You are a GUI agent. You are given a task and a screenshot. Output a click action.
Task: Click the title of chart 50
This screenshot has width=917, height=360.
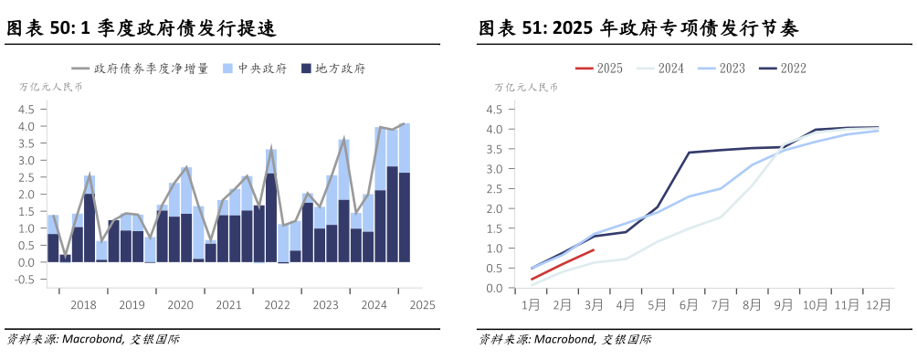click(142, 29)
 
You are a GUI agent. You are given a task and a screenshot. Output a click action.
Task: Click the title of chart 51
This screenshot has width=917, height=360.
click(639, 29)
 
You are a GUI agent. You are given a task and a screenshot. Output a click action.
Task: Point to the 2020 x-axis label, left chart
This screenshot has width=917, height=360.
click(180, 304)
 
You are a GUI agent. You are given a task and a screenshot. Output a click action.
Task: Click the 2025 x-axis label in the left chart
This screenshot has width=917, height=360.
click(422, 304)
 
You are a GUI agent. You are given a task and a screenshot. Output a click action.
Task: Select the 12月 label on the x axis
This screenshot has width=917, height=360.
click(879, 304)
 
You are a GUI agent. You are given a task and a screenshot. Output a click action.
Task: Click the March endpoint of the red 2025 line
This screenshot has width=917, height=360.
click(594, 249)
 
